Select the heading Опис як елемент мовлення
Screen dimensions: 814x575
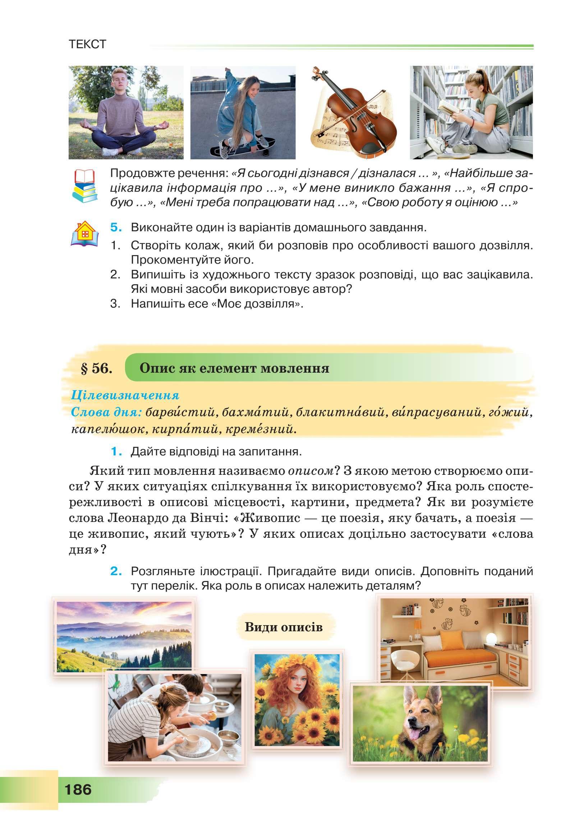pos(234,368)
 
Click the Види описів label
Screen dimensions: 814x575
pos(284,627)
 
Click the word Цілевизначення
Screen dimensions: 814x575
pos(126,396)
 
